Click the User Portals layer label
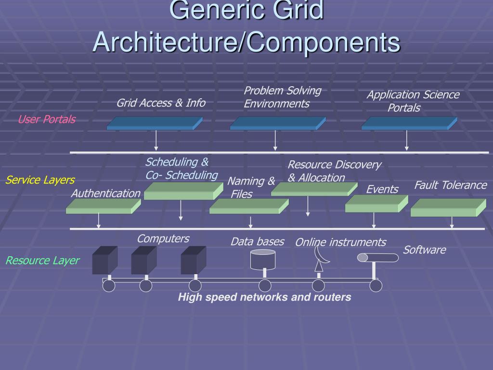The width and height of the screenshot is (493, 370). coord(47,119)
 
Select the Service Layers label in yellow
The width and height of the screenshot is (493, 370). coord(40,180)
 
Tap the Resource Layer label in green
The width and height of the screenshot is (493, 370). coord(42,261)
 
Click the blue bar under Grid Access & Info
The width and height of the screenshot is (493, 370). coord(154,124)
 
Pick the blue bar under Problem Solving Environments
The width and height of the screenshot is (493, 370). coord(277,124)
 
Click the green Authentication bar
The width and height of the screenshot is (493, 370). coord(103,207)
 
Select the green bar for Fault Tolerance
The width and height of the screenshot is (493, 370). coord(448,208)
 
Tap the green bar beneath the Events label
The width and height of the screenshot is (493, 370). coord(376,204)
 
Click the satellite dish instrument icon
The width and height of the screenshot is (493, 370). coord(320,258)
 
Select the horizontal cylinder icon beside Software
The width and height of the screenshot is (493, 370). coord(378,258)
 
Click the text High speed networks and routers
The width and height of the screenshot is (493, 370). coord(264,297)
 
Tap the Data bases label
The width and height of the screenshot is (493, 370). coord(257,241)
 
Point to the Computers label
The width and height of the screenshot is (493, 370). coord(163,238)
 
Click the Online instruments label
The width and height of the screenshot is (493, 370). coord(340,242)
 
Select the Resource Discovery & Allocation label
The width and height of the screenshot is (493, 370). coord(334,171)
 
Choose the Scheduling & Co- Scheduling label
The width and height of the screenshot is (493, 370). coord(182,168)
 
